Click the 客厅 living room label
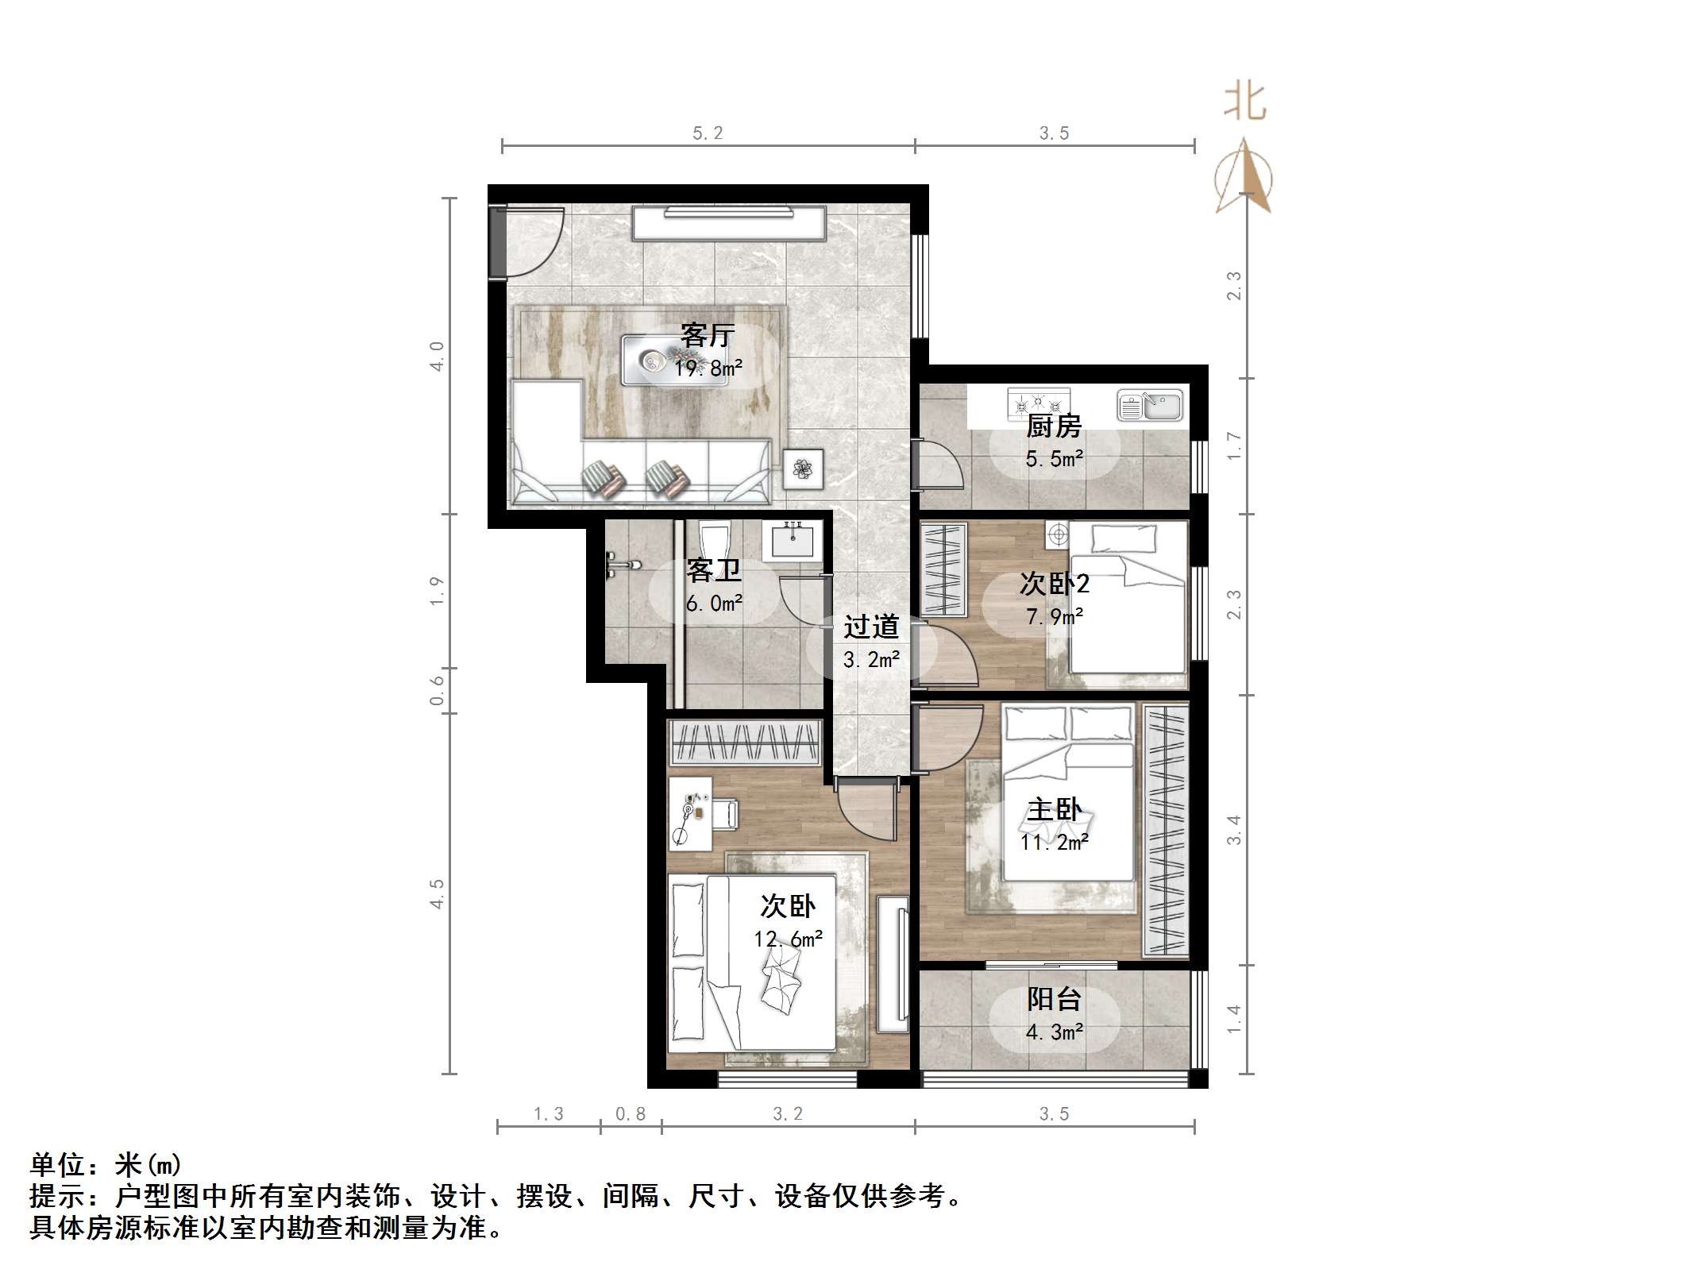coord(707,335)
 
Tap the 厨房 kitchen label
coord(1054,426)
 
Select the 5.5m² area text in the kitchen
coord(1054,459)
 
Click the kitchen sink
coord(1150,406)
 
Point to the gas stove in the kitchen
coord(1039,404)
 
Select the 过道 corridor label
coord(871,627)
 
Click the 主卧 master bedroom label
coord(1054,809)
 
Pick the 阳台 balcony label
coord(1054,998)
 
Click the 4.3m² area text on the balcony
coord(1054,1032)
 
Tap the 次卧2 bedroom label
coord(1054,584)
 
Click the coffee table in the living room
coord(673,361)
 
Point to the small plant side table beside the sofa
coord(803,469)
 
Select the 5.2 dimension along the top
coord(708,133)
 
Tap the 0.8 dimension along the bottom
coord(631,1114)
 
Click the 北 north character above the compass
coord(1244,103)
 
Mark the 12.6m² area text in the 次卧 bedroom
coord(788,939)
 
